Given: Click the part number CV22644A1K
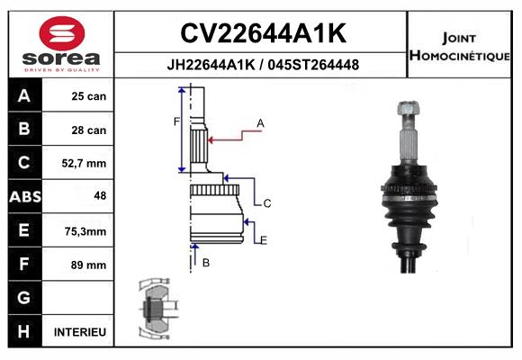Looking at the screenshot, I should (x=263, y=33).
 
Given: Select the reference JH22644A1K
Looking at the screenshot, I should (x=209, y=65).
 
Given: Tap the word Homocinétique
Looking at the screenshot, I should (x=462, y=56).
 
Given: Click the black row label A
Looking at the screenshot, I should (x=23, y=96).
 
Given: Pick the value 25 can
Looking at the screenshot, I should (x=89, y=96).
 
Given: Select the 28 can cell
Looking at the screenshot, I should (x=89, y=130).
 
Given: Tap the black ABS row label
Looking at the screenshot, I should (x=23, y=197).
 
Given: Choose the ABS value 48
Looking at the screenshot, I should (x=99, y=197).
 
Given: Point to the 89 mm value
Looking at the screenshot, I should (x=89, y=265).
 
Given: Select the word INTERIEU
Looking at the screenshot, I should (x=80, y=332).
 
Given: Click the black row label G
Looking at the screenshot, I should (x=23, y=298).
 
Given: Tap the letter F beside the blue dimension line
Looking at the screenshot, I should (x=176, y=121).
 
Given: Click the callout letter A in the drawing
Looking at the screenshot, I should (x=260, y=122).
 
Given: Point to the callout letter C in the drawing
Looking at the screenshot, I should (x=267, y=203).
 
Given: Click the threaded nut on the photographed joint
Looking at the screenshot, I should (x=405, y=111).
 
